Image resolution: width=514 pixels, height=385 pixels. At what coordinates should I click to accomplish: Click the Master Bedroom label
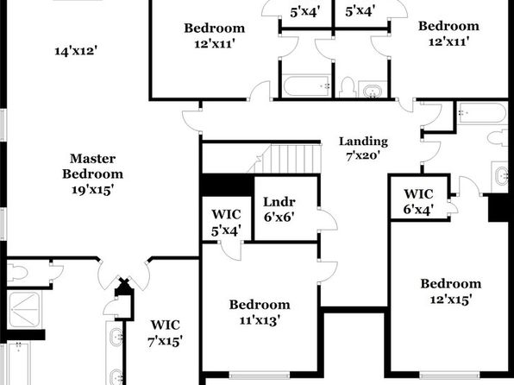pos(93,166)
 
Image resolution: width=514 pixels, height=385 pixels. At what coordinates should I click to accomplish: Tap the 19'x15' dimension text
pos(93,189)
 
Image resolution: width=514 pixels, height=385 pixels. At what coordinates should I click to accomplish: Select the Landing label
pos(363,141)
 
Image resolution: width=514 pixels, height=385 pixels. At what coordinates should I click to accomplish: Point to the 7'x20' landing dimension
pos(363,155)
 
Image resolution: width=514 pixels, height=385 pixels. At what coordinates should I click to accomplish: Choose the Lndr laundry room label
pos(279,201)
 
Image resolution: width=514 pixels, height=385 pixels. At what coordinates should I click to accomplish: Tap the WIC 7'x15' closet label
pos(165,333)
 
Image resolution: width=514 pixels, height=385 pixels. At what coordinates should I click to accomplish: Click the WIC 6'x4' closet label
pos(418,201)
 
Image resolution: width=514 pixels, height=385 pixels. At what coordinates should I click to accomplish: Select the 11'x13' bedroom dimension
pos(260,319)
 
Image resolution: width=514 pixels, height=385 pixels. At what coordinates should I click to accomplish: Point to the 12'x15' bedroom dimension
pos(451,299)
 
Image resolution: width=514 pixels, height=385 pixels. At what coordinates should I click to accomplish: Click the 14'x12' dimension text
pos(76,51)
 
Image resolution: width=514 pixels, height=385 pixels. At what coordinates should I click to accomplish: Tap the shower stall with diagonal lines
pos(24,309)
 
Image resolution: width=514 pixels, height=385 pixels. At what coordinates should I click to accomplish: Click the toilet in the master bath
pos(17,273)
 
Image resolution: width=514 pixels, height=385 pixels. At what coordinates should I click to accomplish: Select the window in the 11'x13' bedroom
pos(259,375)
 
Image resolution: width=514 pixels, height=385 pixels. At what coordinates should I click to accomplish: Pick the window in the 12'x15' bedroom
pos(450,375)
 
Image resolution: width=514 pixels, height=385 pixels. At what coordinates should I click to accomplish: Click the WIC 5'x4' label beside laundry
pos(227,222)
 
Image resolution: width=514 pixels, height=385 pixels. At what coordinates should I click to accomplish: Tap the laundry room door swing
pos(328,219)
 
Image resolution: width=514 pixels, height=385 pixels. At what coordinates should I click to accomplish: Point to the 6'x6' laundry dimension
pos(279,217)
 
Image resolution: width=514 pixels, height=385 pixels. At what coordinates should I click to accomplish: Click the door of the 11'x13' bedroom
pos(328,271)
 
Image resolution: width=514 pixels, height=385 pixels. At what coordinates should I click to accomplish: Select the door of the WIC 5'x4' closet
pos(231,251)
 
